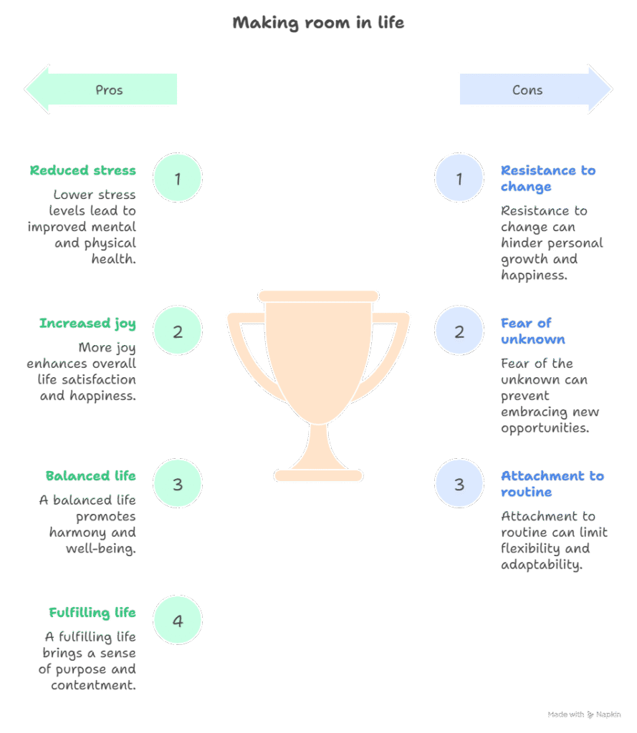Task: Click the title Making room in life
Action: (318, 23)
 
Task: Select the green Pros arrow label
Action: (109, 90)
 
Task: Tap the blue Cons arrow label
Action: (527, 90)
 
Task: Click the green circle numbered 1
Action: (178, 178)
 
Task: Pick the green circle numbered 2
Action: (178, 331)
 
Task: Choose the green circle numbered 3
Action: (178, 484)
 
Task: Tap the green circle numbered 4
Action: (178, 620)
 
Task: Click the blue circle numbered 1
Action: (459, 178)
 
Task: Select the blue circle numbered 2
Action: (459, 331)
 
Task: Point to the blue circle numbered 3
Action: (459, 484)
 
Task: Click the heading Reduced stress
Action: (83, 170)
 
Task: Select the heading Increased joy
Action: (87, 324)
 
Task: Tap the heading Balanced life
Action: (91, 476)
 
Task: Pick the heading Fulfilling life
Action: (92, 613)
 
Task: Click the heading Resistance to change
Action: (547, 178)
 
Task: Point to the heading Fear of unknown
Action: (532, 331)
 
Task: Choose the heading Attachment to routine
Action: (552, 484)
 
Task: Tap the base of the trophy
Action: (318, 475)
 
